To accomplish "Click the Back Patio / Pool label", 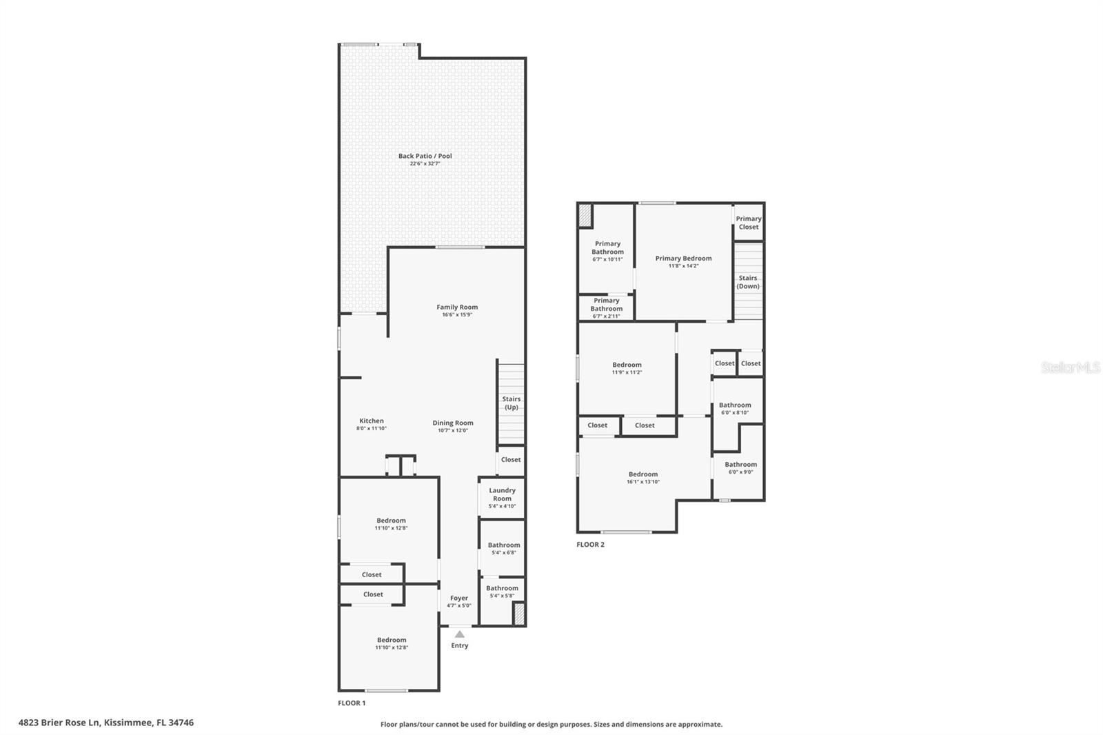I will point(425,156).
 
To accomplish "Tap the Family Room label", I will point(457,308).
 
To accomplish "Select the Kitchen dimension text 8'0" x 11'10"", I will point(372,429).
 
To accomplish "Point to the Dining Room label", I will point(453,423).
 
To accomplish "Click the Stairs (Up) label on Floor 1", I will point(511,403).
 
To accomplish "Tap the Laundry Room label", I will point(502,494).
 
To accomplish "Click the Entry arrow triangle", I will point(460,634).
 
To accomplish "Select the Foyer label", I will point(459,598).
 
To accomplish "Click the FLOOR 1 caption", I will point(352,703).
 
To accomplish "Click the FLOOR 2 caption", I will point(590,545).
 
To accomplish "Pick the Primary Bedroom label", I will point(683,259).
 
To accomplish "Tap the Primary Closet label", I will point(749,223).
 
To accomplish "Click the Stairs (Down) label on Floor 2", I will point(748,282).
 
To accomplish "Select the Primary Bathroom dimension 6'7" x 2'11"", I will point(607,316).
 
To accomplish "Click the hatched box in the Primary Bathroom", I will point(585,216).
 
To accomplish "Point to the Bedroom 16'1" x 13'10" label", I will point(643,474).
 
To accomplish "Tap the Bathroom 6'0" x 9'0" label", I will point(740,465).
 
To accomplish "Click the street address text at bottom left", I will point(106,723).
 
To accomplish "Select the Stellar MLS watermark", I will point(1070,368).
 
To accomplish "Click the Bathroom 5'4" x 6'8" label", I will point(504,545).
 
